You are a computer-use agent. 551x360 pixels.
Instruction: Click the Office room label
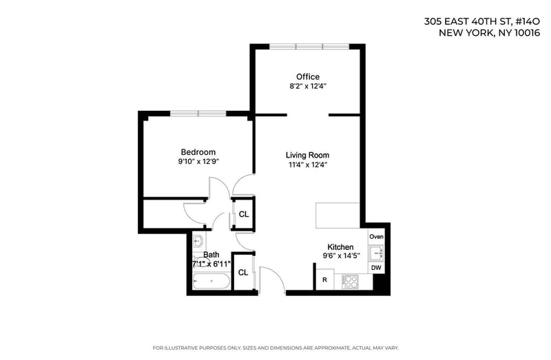point(308,76)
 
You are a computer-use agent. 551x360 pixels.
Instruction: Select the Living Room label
point(307,156)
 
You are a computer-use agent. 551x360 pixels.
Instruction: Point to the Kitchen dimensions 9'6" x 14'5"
point(342,255)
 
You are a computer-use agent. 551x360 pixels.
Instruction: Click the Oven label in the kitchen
point(376,237)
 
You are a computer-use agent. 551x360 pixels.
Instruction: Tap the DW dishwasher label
point(376,268)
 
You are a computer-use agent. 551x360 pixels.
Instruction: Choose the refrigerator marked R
point(324,279)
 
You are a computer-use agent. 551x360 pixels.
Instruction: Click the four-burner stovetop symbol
point(350,282)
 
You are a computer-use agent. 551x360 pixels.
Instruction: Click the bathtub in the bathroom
point(211,281)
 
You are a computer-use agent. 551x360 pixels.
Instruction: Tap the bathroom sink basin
point(198,242)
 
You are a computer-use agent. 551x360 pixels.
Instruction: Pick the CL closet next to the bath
point(243,273)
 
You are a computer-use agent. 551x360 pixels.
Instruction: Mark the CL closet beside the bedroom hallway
point(244,214)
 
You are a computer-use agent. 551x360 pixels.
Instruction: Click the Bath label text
point(211,255)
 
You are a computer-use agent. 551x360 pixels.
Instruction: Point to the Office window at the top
point(309,46)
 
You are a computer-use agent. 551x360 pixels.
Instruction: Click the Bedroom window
point(198,114)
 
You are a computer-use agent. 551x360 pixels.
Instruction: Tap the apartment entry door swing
point(272,279)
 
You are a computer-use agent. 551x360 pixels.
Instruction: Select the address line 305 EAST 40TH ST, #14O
point(481,21)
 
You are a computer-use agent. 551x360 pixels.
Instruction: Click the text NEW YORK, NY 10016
point(490,33)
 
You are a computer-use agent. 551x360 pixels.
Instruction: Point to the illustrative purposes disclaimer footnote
point(275,348)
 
